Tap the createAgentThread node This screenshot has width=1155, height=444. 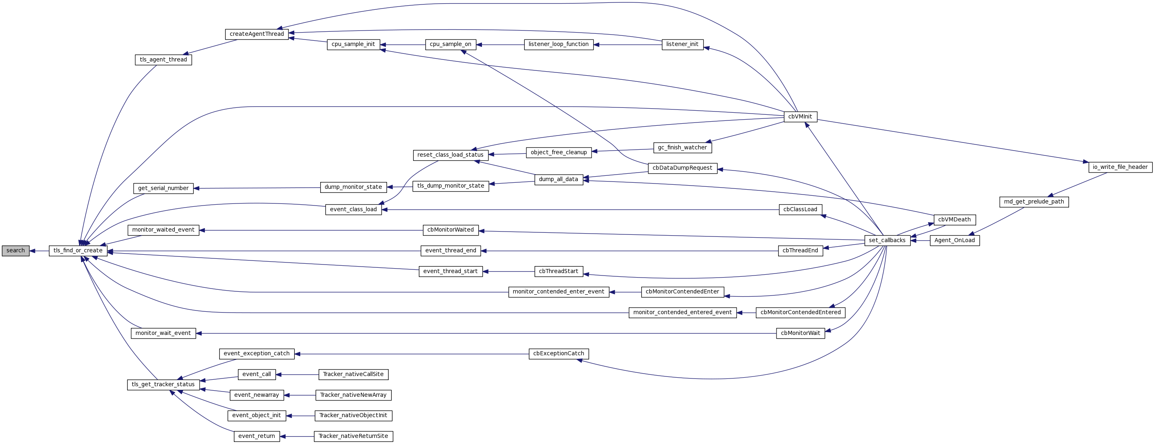pos(257,34)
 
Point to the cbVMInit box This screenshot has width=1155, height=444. pos(800,117)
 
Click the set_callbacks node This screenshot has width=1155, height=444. pos(887,241)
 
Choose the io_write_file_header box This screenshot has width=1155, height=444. pos(1120,167)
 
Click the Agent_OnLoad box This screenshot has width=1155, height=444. pos(955,241)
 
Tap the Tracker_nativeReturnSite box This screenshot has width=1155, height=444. pos(353,436)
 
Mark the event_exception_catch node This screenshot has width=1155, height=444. pos(257,354)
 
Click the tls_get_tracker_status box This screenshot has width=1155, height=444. pos(163,385)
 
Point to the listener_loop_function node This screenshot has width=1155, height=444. pos(558,44)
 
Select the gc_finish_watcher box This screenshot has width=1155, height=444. pos(682,148)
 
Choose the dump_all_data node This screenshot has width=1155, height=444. pos(558,179)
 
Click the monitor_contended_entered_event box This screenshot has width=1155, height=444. pos(682,313)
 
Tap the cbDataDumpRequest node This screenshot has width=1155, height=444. pos(682,168)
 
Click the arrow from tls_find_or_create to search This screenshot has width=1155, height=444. pos(40,251)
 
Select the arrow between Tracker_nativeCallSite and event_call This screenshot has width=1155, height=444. pos(297,374)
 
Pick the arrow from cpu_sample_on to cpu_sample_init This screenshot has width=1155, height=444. pos(403,45)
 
